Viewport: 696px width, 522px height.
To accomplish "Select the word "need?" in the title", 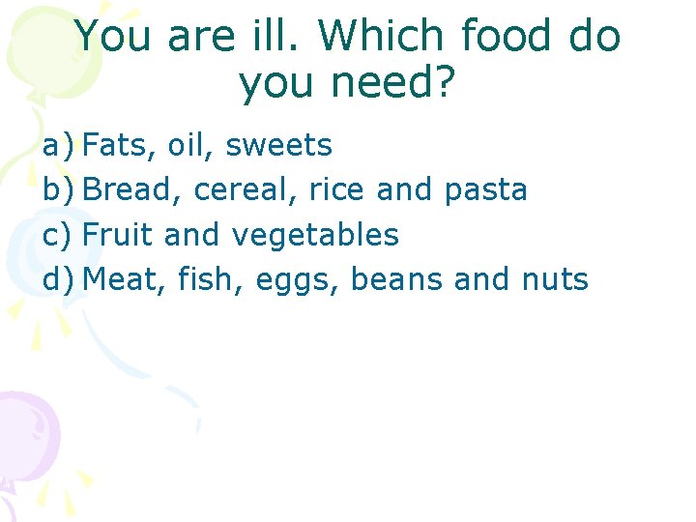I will point(396,85).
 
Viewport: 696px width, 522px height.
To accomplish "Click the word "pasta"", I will point(486,190).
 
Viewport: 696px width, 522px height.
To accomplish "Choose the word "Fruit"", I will point(119,235).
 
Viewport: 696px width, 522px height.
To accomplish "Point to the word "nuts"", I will point(554,279).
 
